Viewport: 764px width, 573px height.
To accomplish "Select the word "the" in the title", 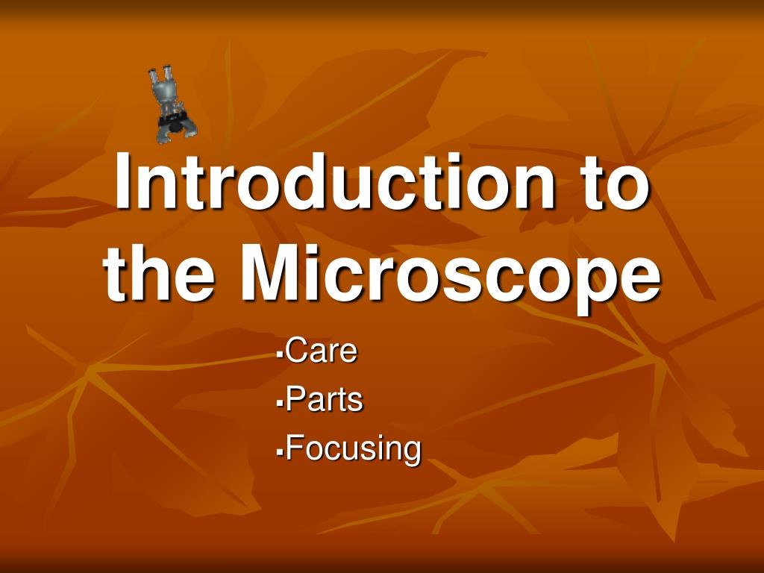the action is click(159, 274).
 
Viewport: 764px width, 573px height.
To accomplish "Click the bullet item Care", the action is click(321, 350).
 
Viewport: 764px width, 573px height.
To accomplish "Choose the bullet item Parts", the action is click(324, 399).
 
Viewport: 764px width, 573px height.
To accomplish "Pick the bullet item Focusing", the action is click(353, 448).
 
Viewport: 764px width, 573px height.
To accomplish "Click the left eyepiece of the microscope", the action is click(153, 77).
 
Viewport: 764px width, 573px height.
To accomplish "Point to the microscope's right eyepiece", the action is click(168, 72).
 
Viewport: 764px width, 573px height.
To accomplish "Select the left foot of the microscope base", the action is click(163, 136).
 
